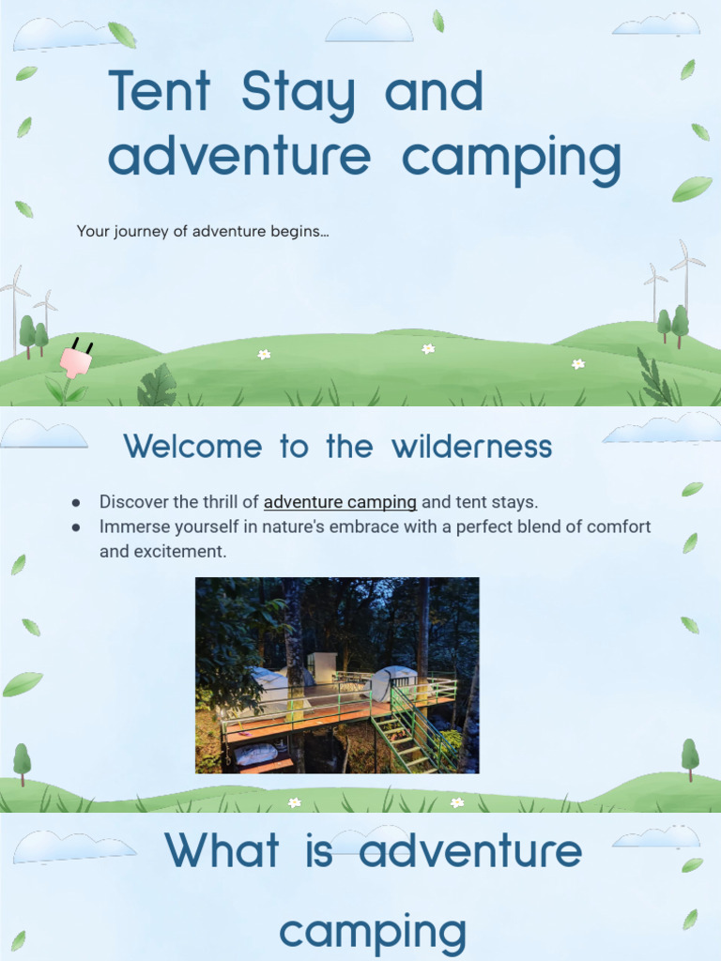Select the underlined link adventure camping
pos(340,502)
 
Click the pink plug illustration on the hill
pos(76,359)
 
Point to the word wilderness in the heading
pos(473,447)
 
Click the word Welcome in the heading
pos(194,447)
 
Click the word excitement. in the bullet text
pos(163,552)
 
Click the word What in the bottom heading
pos(222,851)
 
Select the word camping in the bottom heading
pos(373,932)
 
